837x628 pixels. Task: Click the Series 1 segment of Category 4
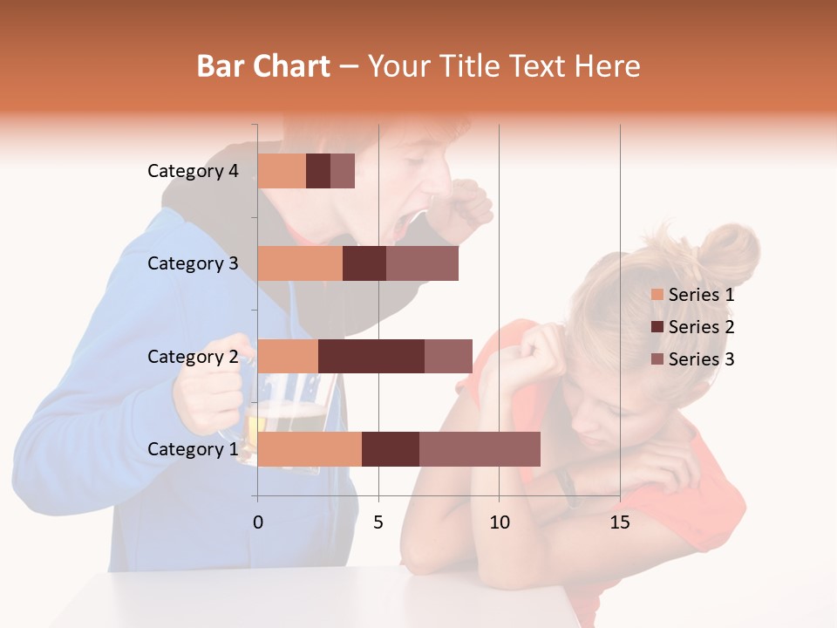click(282, 171)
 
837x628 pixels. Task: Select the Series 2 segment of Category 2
click(371, 356)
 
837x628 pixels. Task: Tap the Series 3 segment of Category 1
click(480, 448)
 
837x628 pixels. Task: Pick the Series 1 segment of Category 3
click(300, 263)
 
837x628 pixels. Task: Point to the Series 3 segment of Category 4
click(343, 171)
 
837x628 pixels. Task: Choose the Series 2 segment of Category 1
click(391, 448)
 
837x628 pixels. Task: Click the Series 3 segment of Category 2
click(448, 356)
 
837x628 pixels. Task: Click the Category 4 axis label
click(193, 171)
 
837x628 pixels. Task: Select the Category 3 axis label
click(193, 263)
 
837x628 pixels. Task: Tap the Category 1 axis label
click(193, 449)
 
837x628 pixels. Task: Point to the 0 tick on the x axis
click(258, 522)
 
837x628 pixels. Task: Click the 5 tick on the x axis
click(378, 522)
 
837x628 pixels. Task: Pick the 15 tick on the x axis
click(619, 522)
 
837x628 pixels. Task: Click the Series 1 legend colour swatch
click(657, 295)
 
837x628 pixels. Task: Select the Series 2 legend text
click(701, 327)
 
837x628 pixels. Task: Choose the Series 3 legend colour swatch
click(657, 359)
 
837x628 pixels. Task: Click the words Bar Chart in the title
click(263, 66)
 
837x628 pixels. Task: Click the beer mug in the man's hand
click(283, 419)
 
